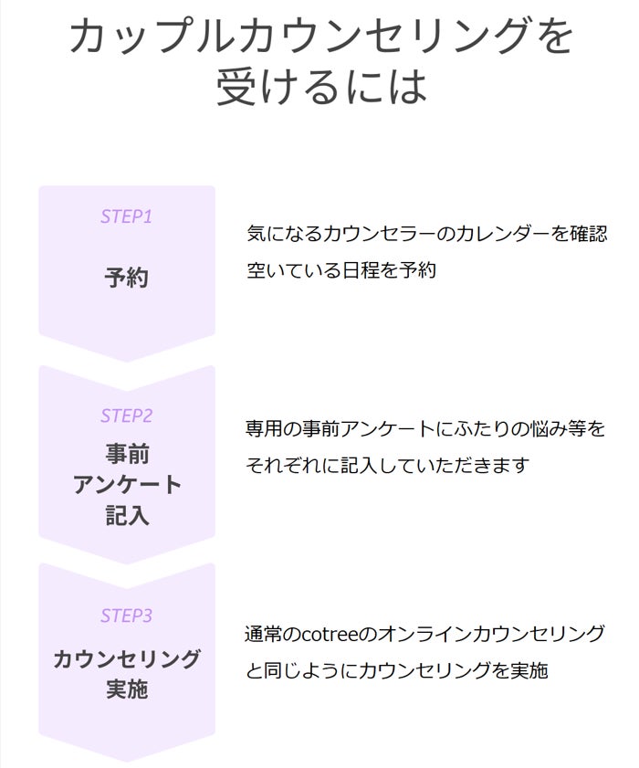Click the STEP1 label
tap(126, 217)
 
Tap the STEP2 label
tap(126, 416)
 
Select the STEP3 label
tap(126, 615)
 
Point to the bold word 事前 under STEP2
tap(126, 454)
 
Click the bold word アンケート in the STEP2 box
tap(126, 485)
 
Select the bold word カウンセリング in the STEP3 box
tap(126, 658)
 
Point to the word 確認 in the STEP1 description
tap(585, 234)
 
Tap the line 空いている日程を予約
tap(340, 270)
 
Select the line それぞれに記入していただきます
tap(387, 465)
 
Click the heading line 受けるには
tap(321, 87)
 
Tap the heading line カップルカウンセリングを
tap(321, 37)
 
